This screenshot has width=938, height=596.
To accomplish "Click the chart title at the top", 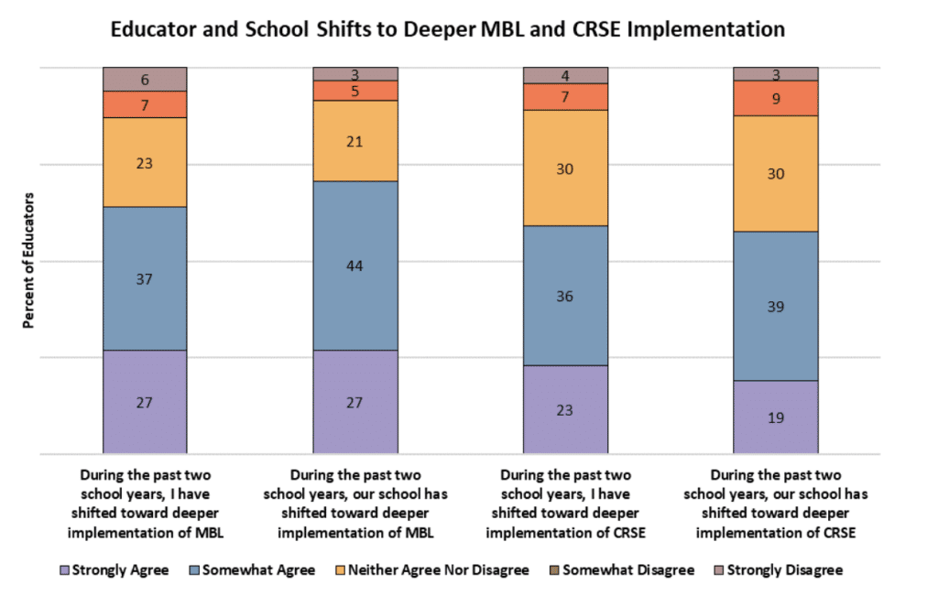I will [447, 29].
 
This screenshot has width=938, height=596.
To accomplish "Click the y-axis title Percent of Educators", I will [28, 261].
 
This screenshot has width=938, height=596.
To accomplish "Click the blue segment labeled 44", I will [355, 265].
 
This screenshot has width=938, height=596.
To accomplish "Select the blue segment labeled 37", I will [145, 278].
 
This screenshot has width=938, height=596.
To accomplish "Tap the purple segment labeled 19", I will [775, 417].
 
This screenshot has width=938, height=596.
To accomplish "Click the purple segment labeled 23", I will [565, 409].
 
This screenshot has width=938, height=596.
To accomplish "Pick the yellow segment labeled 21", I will [355, 140].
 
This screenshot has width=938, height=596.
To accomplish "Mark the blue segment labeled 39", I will [775, 306].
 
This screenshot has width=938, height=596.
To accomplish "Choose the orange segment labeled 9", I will [775, 98].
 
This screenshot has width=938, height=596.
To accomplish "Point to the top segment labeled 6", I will [145, 79].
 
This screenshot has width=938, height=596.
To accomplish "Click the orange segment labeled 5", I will [355, 91].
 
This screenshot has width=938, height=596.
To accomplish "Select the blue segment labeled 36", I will [565, 295].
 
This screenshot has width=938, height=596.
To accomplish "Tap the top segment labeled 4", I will [565, 75].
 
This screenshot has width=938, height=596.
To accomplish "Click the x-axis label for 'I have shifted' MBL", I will [145, 504].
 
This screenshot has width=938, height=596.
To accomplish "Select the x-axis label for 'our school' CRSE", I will [775, 504].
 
